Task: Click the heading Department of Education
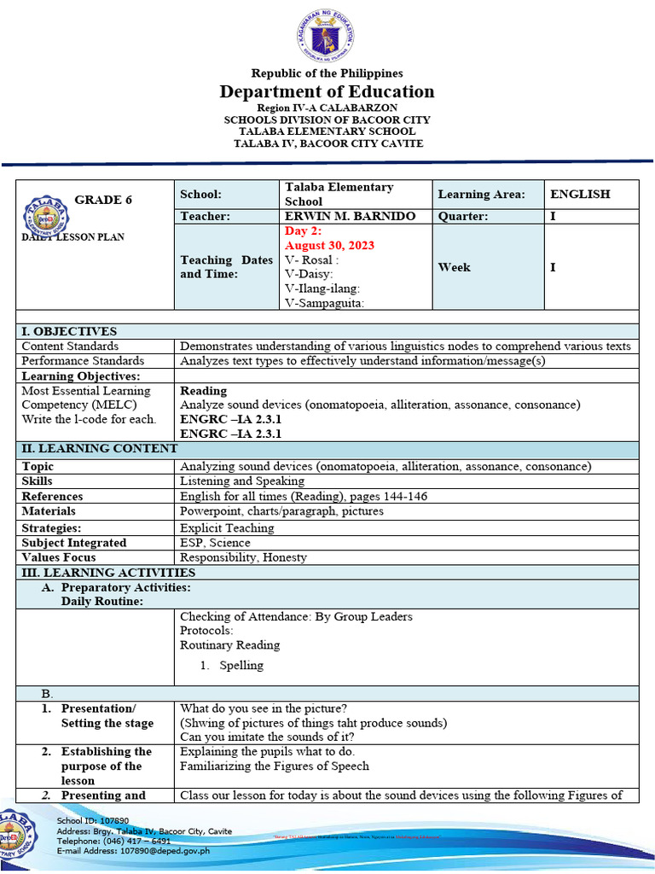point(327,92)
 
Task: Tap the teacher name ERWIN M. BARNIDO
point(350,217)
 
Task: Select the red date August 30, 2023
point(329,246)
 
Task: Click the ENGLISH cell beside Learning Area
point(580,195)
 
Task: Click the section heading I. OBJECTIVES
point(69,331)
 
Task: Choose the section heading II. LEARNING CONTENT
point(100,449)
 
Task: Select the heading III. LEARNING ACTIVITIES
point(108,573)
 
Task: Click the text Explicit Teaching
point(227,528)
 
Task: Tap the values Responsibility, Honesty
point(243,558)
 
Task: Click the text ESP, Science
point(215,543)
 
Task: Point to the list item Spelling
point(241,666)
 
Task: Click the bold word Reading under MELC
point(204,391)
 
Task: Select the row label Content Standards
point(70,347)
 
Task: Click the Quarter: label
point(462,217)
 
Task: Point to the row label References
point(52,497)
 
